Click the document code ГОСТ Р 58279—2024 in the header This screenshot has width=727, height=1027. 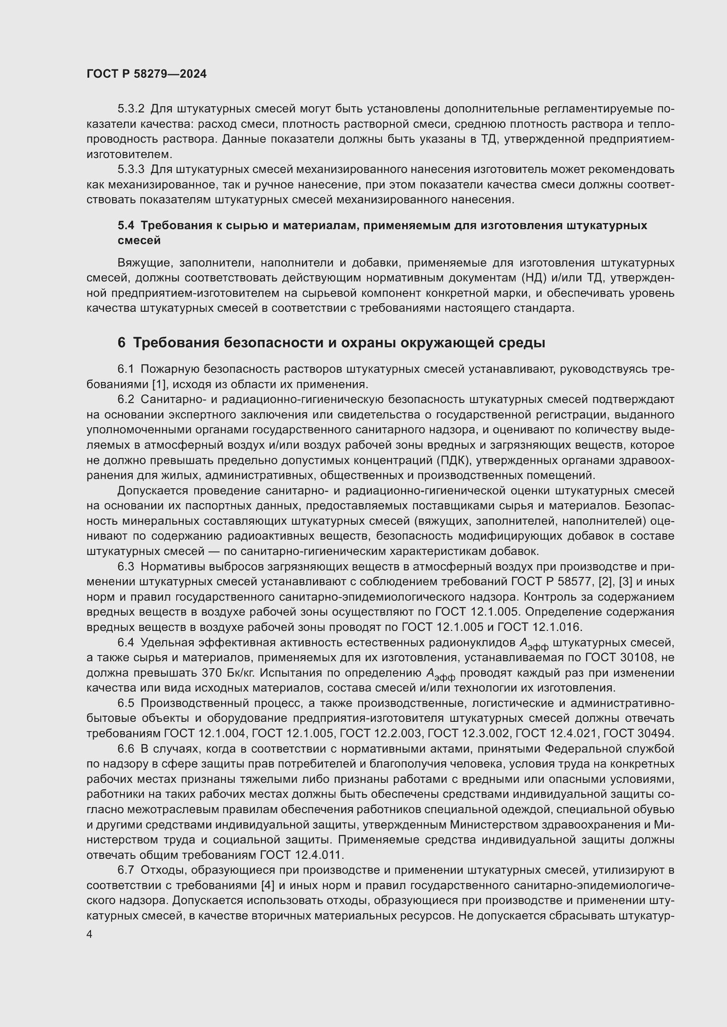pyautogui.click(x=146, y=74)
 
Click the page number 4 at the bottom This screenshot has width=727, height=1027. pyautogui.click(x=90, y=935)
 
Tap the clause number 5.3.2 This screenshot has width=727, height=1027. pyautogui.click(x=131, y=109)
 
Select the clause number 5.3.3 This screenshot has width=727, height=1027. pyautogui.click(x=131, y=169)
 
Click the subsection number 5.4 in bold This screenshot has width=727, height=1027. pyautogui.click(x=126, y=225)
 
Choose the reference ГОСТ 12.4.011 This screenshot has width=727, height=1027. pyautogui.click(x=301, y=855)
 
